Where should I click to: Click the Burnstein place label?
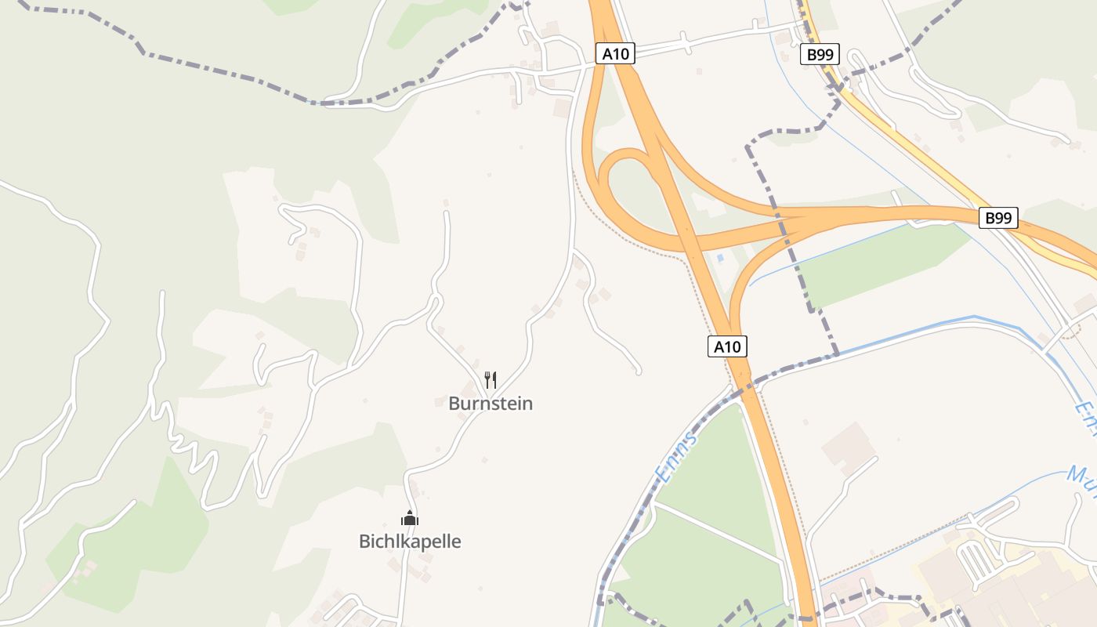(491, 404)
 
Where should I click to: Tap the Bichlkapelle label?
(410, 542)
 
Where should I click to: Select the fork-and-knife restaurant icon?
(491, 380)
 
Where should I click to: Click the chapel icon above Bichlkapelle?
(410, 518)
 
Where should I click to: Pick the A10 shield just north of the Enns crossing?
(727, 346)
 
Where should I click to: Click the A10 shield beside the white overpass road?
(615, 53)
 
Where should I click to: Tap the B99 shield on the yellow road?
(820, 55)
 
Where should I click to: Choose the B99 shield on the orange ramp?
(998, 218)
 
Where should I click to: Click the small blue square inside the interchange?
(720, 258)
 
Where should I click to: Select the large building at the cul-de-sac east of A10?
(847, 448)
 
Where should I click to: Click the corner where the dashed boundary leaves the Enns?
(836, 353)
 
